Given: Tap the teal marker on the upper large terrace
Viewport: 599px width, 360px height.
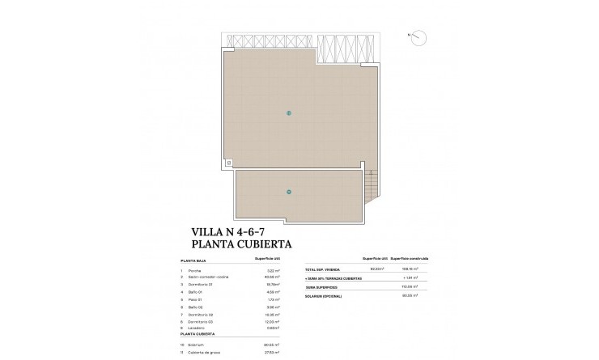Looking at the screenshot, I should (x=289, y=112).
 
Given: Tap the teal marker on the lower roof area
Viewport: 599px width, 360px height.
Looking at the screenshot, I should (x=289, y=191).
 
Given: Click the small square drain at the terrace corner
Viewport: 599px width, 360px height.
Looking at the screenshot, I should (x=228, y=163).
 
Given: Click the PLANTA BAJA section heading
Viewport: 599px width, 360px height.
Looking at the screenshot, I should (x=200, y=261).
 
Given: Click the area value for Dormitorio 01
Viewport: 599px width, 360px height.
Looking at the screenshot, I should (x=272, y=285).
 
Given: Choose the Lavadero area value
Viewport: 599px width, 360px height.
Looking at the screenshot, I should (x=273, y=329).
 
